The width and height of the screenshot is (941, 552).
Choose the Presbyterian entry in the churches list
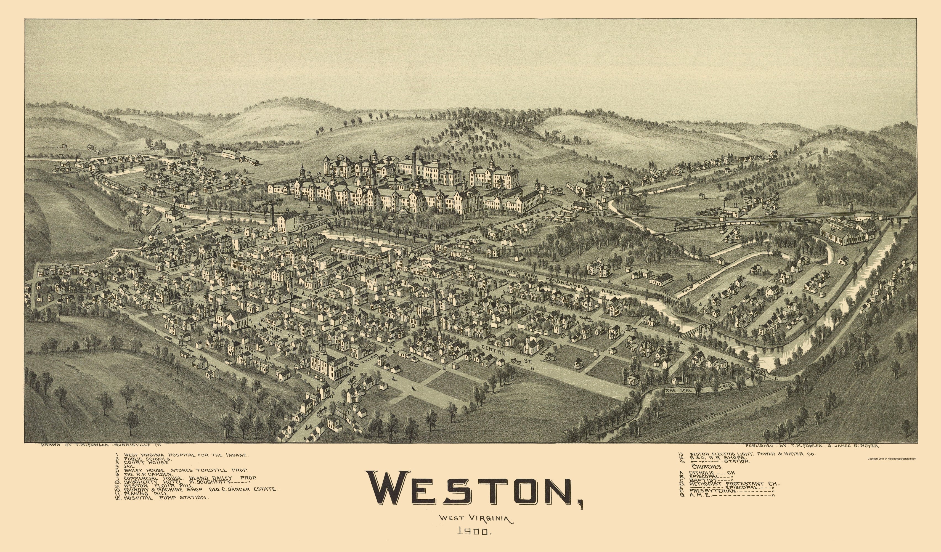(713, 491)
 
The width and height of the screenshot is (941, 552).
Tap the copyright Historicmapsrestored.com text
(892, 458)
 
